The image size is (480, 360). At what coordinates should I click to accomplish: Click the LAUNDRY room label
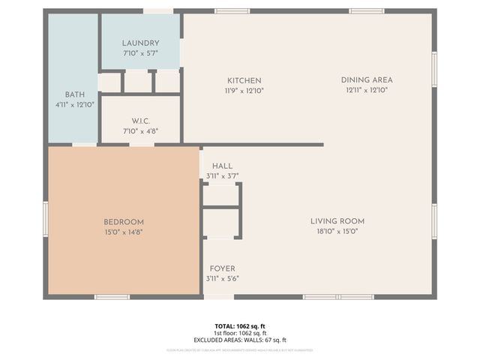click(x=140, y=43)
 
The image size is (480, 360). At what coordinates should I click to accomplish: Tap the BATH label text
click(x=74, y=94)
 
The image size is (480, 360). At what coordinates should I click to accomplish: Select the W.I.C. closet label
click(x=142, y=121)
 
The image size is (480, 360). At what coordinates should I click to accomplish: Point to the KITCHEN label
click(x=244, y=80)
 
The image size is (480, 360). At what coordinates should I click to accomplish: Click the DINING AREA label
click(x=367, y=80)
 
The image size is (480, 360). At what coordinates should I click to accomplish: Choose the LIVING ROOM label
click(x=337, y=221)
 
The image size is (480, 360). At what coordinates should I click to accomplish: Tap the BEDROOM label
click(x=124, y=222)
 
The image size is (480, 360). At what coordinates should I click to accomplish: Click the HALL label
click(x=222, y=166)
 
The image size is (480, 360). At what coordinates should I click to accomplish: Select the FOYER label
click(x=222, y=268)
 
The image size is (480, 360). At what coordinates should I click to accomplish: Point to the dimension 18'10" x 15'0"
click(x=337, y=232)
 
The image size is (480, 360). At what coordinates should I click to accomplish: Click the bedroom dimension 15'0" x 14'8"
click(x=124, y=232)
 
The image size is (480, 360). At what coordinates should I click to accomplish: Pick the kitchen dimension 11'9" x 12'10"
click(x=244, y=90)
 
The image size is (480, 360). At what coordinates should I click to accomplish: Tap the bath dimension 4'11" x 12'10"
click(x=74, y=104)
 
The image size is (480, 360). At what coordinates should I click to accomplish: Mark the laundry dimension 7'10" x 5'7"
click(x=140, y=53)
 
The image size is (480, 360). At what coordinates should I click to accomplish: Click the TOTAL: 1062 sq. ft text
click(x=240, y=326)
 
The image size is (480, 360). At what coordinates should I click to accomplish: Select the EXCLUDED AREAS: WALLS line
click(x=240, y=339)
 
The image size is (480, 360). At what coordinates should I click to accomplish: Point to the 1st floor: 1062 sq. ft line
click(x=240, y=333)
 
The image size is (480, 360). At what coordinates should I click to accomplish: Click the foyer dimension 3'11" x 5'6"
click(x=222, y=278)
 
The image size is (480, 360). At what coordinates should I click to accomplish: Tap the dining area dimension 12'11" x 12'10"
click(x=367, y=90)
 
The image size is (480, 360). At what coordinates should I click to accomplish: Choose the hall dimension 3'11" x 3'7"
click(x=222, y=176)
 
